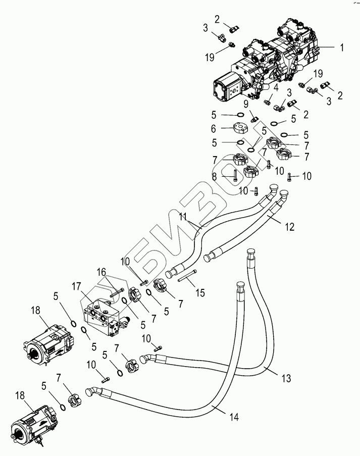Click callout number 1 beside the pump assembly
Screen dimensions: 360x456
(342, 47)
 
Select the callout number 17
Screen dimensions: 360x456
(77, 286)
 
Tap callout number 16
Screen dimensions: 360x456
(101, 272)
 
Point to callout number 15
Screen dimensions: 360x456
(200, 293)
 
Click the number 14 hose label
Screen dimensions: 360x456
(234, 417)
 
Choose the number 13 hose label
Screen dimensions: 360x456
(286, 378)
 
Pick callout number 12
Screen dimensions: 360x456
(290, 227)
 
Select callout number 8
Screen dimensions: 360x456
(214, 177)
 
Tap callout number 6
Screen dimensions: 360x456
(214, 128)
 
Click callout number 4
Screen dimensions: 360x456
(276, 87)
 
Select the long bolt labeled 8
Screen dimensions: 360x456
(235, 177)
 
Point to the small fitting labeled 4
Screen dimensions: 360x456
(267, 102)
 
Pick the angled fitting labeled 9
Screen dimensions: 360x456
(255, 119)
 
